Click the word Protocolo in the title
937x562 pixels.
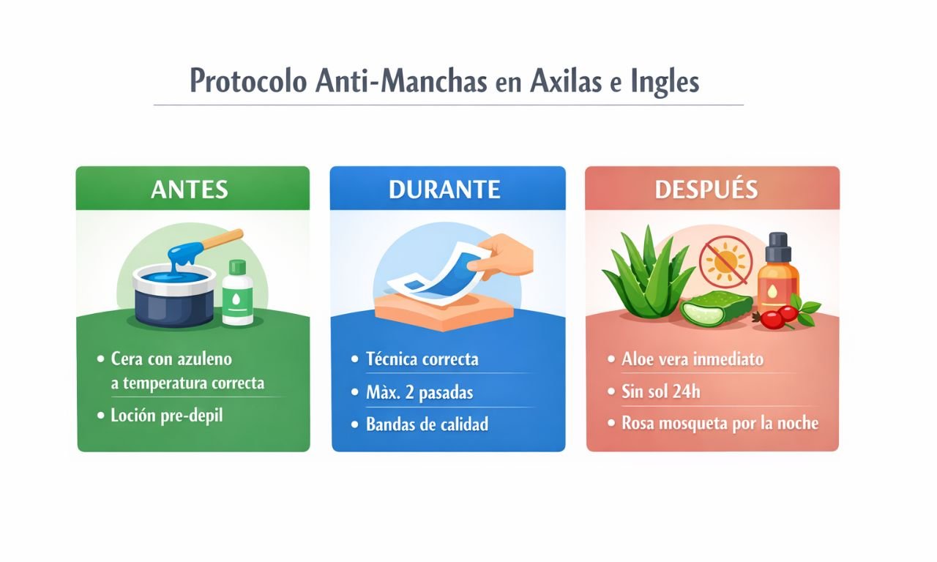click(248, 80)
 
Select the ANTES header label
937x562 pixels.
click(190, 190)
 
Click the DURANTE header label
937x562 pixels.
click(444, 190)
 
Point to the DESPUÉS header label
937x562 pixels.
click(706, 190)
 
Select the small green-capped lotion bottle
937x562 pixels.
click(238, 292)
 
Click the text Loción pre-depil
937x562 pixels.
click(166, 416)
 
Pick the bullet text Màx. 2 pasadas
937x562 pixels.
click(419, 392)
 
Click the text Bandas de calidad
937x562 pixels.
click(427, 424)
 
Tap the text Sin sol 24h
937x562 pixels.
click(660, 391)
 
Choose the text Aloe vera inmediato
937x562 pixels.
click(693, 359)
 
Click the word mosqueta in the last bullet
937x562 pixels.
click(701, 424)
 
